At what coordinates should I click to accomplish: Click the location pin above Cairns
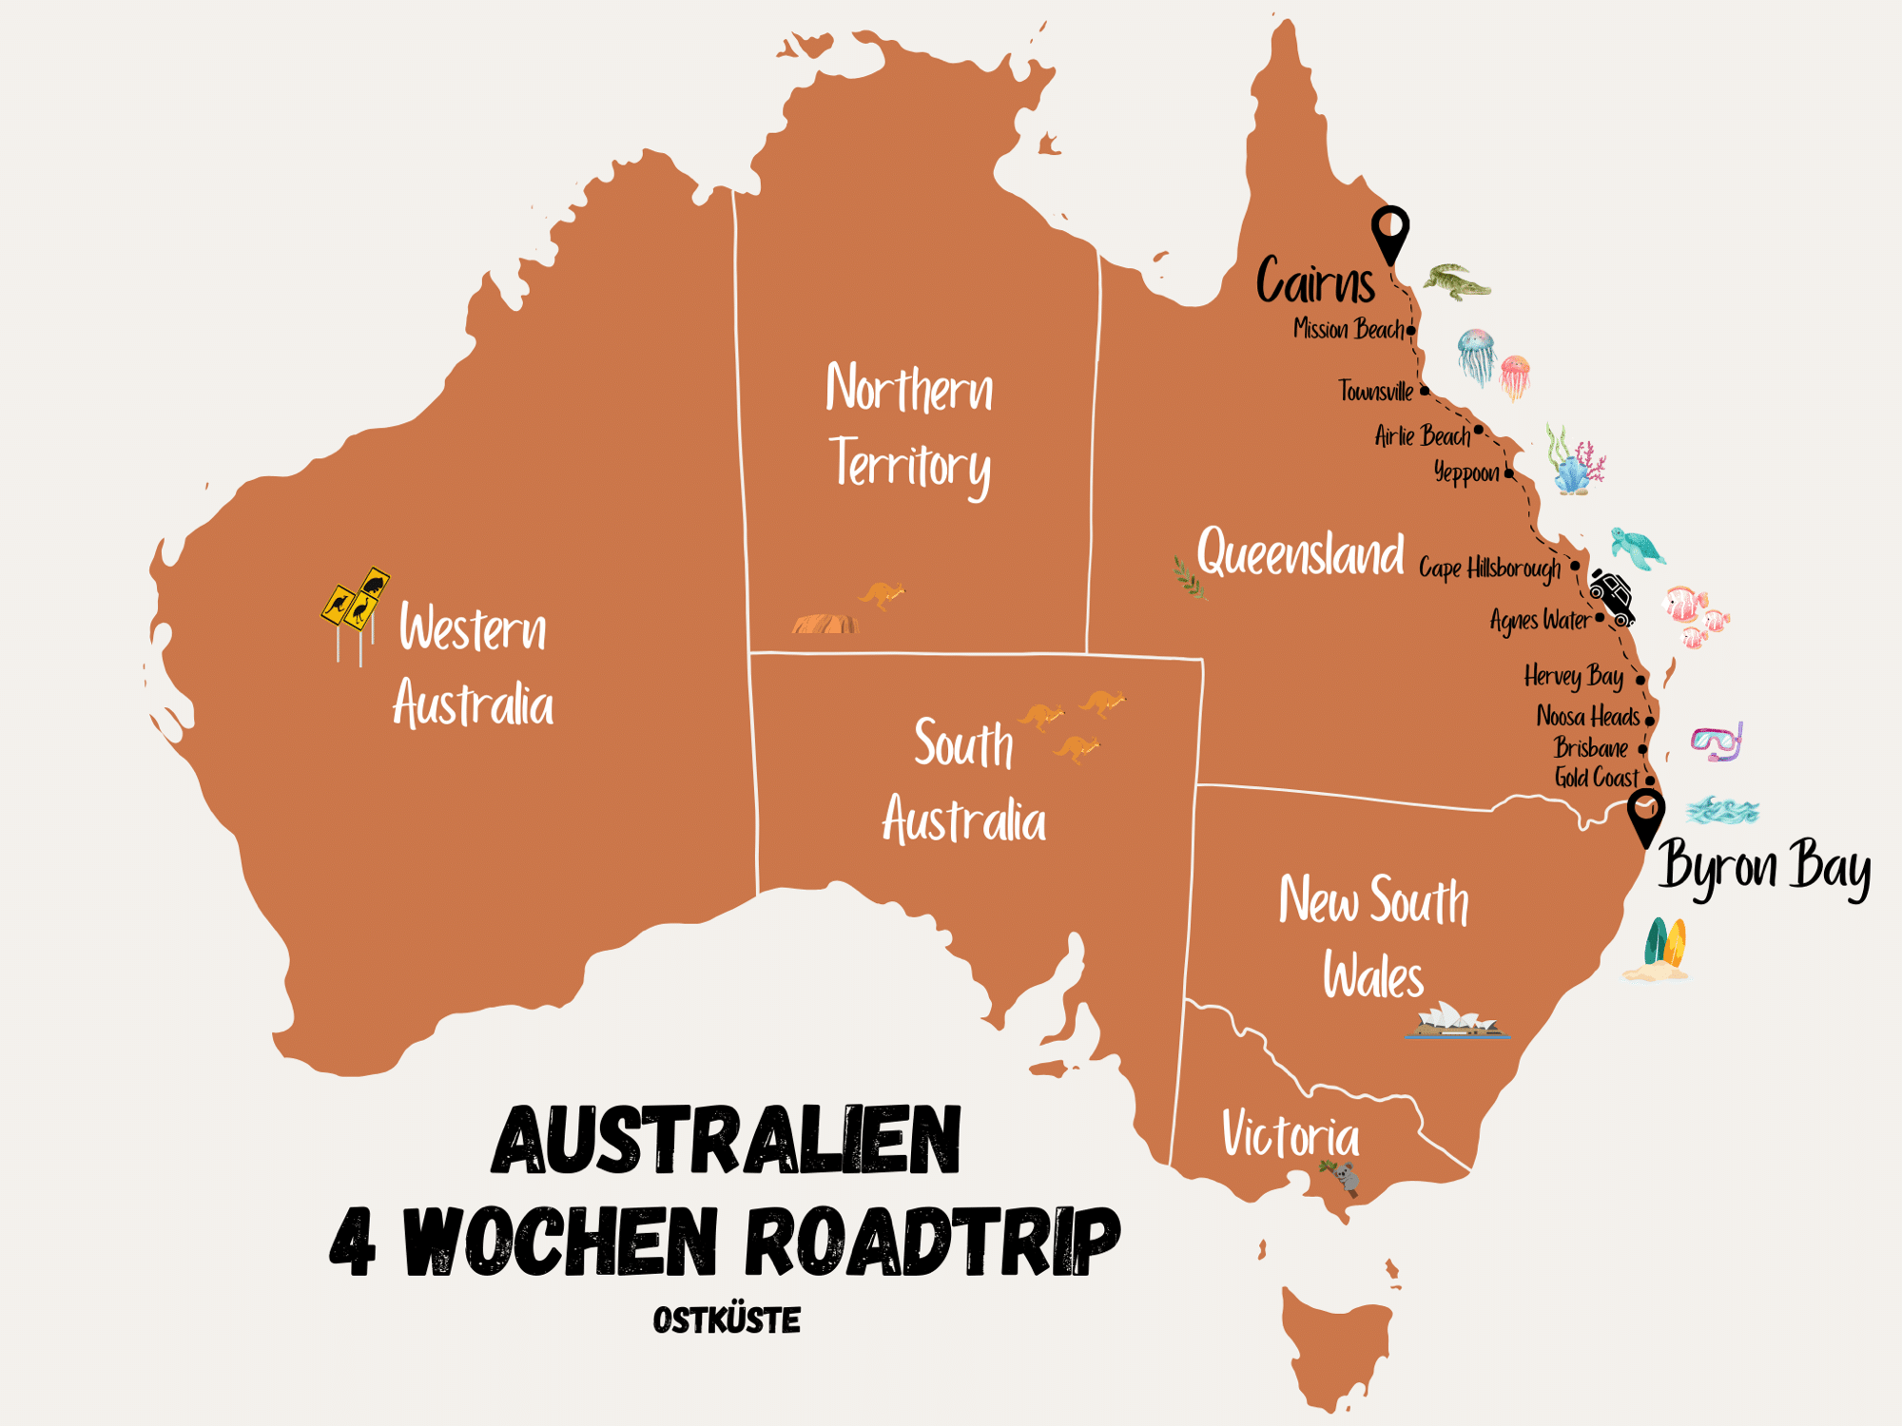[1389, 232]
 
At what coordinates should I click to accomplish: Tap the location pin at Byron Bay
[1645, 815]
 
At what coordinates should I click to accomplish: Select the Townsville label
[1375, 391]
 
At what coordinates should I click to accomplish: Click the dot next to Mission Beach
[1411, 331]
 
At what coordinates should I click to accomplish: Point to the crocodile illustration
[1456, 282]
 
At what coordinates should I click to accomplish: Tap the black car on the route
[1613, 597]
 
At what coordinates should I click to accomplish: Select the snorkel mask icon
[1717, 742]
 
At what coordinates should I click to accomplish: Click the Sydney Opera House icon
[1456, 1021]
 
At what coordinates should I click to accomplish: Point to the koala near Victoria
[1344, 1178]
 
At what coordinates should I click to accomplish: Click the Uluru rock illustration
[825, 624]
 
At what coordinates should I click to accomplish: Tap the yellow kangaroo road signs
[356, 600]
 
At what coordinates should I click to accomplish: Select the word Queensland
[1300, 553]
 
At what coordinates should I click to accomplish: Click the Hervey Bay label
[1574, 676]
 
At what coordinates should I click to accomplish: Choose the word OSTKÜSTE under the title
[727, 1320]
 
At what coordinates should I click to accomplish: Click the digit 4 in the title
[353, 1242]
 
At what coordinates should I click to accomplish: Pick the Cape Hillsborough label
[1489, 568]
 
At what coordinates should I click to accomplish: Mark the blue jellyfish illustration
[1476, 355]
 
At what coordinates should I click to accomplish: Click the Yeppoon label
[1466, 472]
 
